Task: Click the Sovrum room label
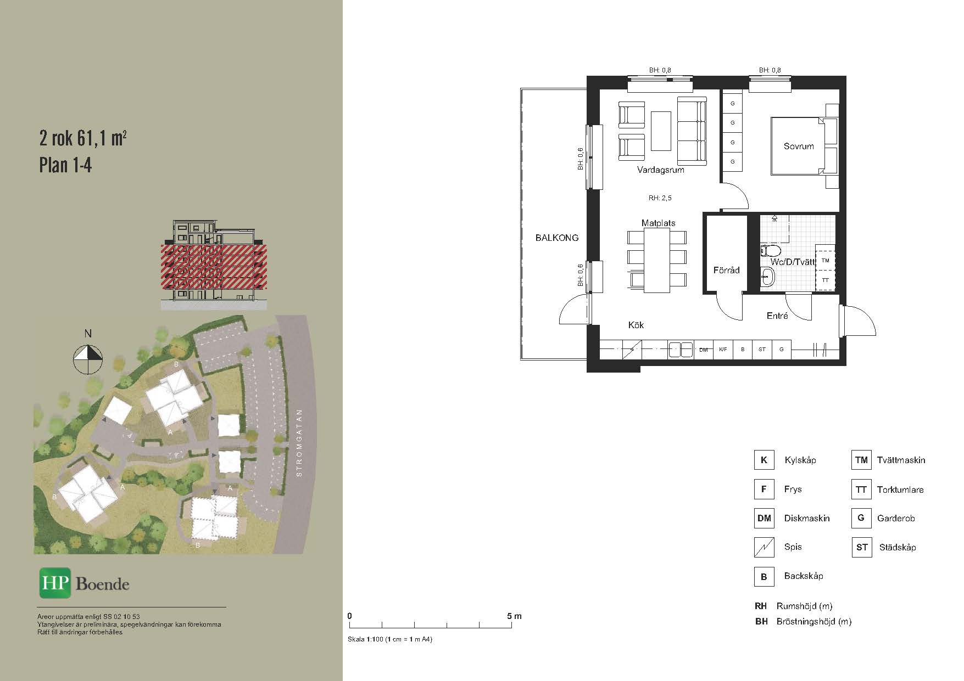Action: (x=799, y=146)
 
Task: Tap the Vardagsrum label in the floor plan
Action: (x=661, y=170)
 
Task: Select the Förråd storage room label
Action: (x=726, y=270)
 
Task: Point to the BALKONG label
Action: (x=557, y=238)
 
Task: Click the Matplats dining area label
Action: (x=658, y=223)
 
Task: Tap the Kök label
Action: (x=636, y=325)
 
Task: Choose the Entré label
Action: (x=777, y=316)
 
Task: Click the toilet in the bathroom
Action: (x=771, y=251)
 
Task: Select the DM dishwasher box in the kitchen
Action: (x=704, y=350)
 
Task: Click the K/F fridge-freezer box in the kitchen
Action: (x=723, y=350)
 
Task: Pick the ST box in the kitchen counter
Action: (x=762, y=350)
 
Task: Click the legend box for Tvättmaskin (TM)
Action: (x=861, y=460)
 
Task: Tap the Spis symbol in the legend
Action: (x=764, y=547)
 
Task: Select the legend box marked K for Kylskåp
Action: (x=764, y=460)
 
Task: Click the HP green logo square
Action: (x=55, y=583)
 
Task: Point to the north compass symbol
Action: (x=88, y=359)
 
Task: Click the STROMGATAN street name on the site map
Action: (x=299, y=442)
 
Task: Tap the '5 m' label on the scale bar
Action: (x=515, y=616)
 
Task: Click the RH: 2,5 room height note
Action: (x=660, y=198)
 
